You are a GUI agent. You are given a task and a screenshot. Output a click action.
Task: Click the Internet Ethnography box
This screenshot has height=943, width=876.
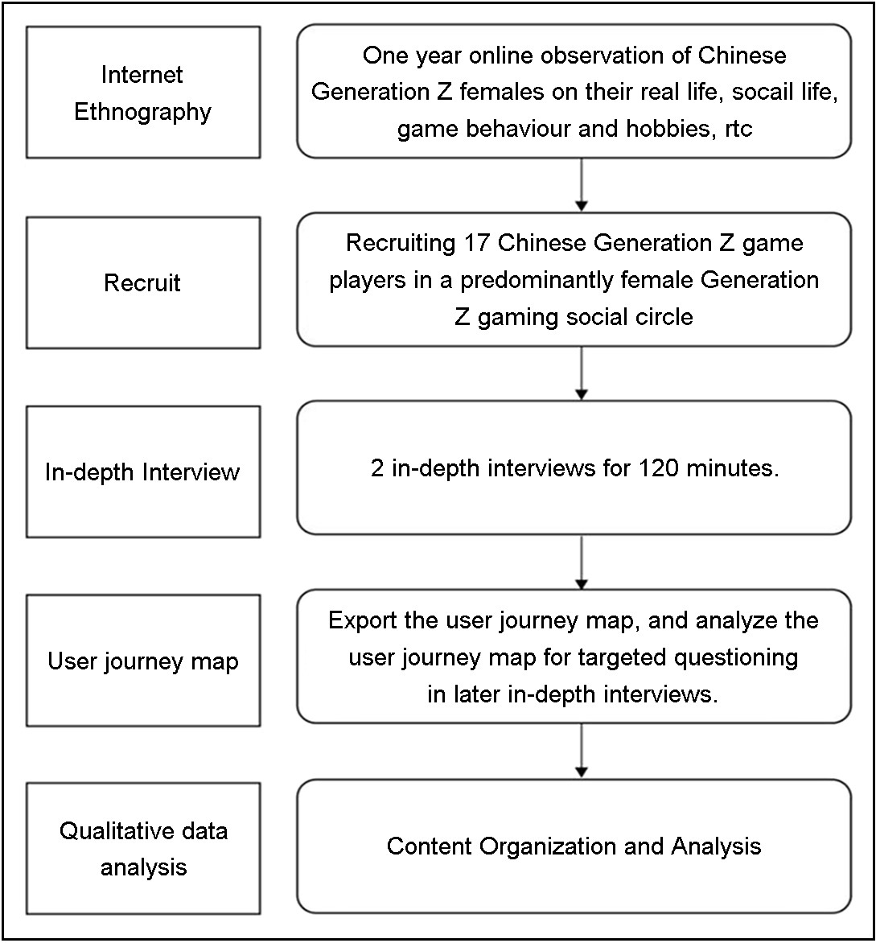point(143,92)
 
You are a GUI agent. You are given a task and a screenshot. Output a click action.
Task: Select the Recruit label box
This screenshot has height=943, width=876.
point(143,282)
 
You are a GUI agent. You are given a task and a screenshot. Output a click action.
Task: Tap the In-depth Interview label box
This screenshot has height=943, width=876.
point(143,471)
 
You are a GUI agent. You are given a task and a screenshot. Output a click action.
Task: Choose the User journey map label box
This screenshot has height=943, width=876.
point(143,661)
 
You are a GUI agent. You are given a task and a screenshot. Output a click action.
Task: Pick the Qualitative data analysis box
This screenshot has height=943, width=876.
point(143,849)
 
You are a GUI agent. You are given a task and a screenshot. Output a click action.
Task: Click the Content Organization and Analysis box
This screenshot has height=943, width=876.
point(574,846)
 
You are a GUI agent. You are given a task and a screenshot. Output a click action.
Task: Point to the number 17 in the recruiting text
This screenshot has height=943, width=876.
point(477,243)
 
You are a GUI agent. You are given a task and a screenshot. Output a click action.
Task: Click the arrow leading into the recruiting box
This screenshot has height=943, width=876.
point(582,184)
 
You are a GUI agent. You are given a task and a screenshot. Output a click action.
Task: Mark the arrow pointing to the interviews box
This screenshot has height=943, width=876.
point(582,373)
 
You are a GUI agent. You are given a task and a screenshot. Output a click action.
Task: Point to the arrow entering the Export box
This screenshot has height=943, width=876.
point(582,562)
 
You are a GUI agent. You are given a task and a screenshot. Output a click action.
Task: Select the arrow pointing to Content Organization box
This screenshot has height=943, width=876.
point(582,751)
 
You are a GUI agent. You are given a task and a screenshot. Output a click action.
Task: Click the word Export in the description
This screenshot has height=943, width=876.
point(363,620)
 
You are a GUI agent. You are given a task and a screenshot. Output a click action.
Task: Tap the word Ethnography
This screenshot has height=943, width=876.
point(143,112)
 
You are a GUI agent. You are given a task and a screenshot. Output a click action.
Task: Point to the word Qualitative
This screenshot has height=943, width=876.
point(106,831)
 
